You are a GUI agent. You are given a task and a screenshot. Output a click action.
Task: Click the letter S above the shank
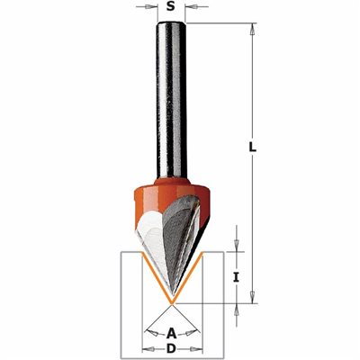(x=171, y=6)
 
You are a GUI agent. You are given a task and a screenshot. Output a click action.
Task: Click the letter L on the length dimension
(x=253, y=147)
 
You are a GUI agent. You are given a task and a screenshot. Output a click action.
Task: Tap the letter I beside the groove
(x=236, y=278)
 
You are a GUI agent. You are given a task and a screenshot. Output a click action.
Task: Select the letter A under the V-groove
(x=171, y=333)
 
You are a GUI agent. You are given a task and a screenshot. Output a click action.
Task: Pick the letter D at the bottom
(x=171, y=349)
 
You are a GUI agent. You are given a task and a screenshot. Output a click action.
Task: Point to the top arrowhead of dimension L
(x=253, y=29)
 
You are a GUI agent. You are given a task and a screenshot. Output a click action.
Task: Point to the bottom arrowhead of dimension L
(x=253, y=297)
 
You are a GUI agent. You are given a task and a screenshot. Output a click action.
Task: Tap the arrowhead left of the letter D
(x=148, y=349)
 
